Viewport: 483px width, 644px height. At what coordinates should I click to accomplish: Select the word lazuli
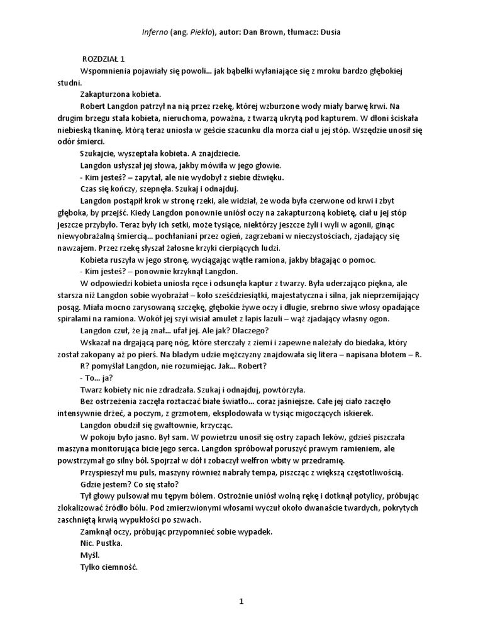[241, 319]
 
